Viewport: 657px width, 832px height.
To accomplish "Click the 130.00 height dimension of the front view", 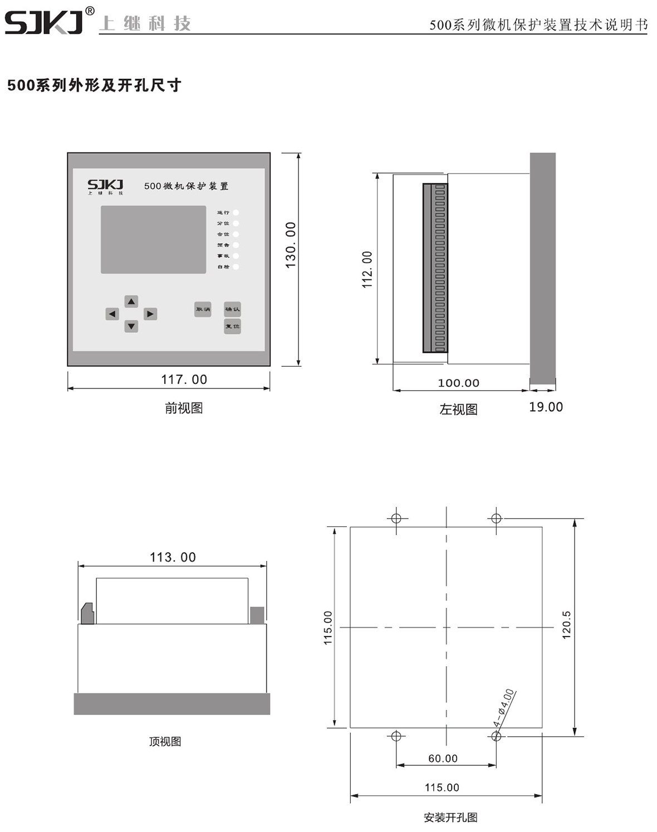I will tap(291, 245).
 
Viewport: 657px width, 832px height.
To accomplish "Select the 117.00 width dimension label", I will tap(184, 380).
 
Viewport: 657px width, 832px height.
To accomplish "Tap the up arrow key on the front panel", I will tap(131, 302).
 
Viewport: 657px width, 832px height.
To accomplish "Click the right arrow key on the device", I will tap(150, 314).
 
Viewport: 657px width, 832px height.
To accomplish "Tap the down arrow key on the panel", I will tap(131, 326).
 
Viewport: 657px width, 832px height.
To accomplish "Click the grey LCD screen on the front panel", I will tap(153, 240).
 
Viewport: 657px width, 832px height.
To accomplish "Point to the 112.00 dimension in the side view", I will tap(367, 269).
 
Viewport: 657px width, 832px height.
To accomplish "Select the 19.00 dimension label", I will tap(546, 407).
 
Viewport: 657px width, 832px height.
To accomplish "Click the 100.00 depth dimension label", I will tap(458, 383).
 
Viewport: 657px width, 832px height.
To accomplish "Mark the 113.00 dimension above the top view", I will tap(173, 557).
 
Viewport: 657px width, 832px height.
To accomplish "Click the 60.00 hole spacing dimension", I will tap(443, 759).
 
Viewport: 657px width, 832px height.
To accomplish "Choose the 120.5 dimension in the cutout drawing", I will tap(567, 625).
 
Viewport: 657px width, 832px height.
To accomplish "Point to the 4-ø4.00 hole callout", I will tap(504, 707).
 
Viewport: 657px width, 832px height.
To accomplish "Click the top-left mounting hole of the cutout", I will tap(396, 519).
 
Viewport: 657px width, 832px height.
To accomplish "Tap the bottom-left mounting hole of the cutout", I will tap(396, 736).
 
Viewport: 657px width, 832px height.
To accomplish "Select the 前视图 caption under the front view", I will tap(184, 408).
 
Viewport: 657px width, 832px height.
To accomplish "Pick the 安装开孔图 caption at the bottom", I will tap(450, 818).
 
